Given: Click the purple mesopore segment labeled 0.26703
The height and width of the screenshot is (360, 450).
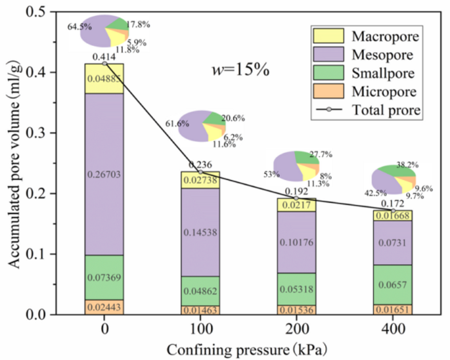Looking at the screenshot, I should [x=104, y=173].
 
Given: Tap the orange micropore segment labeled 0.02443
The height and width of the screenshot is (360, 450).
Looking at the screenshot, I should [x=104, y=307].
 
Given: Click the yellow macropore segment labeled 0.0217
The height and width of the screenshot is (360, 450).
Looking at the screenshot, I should [x=296, y=205].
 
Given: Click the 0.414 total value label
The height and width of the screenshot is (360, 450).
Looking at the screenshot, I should [x=104, y=57].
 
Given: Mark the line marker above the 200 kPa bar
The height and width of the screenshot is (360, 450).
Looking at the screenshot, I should [x=296, y=198].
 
